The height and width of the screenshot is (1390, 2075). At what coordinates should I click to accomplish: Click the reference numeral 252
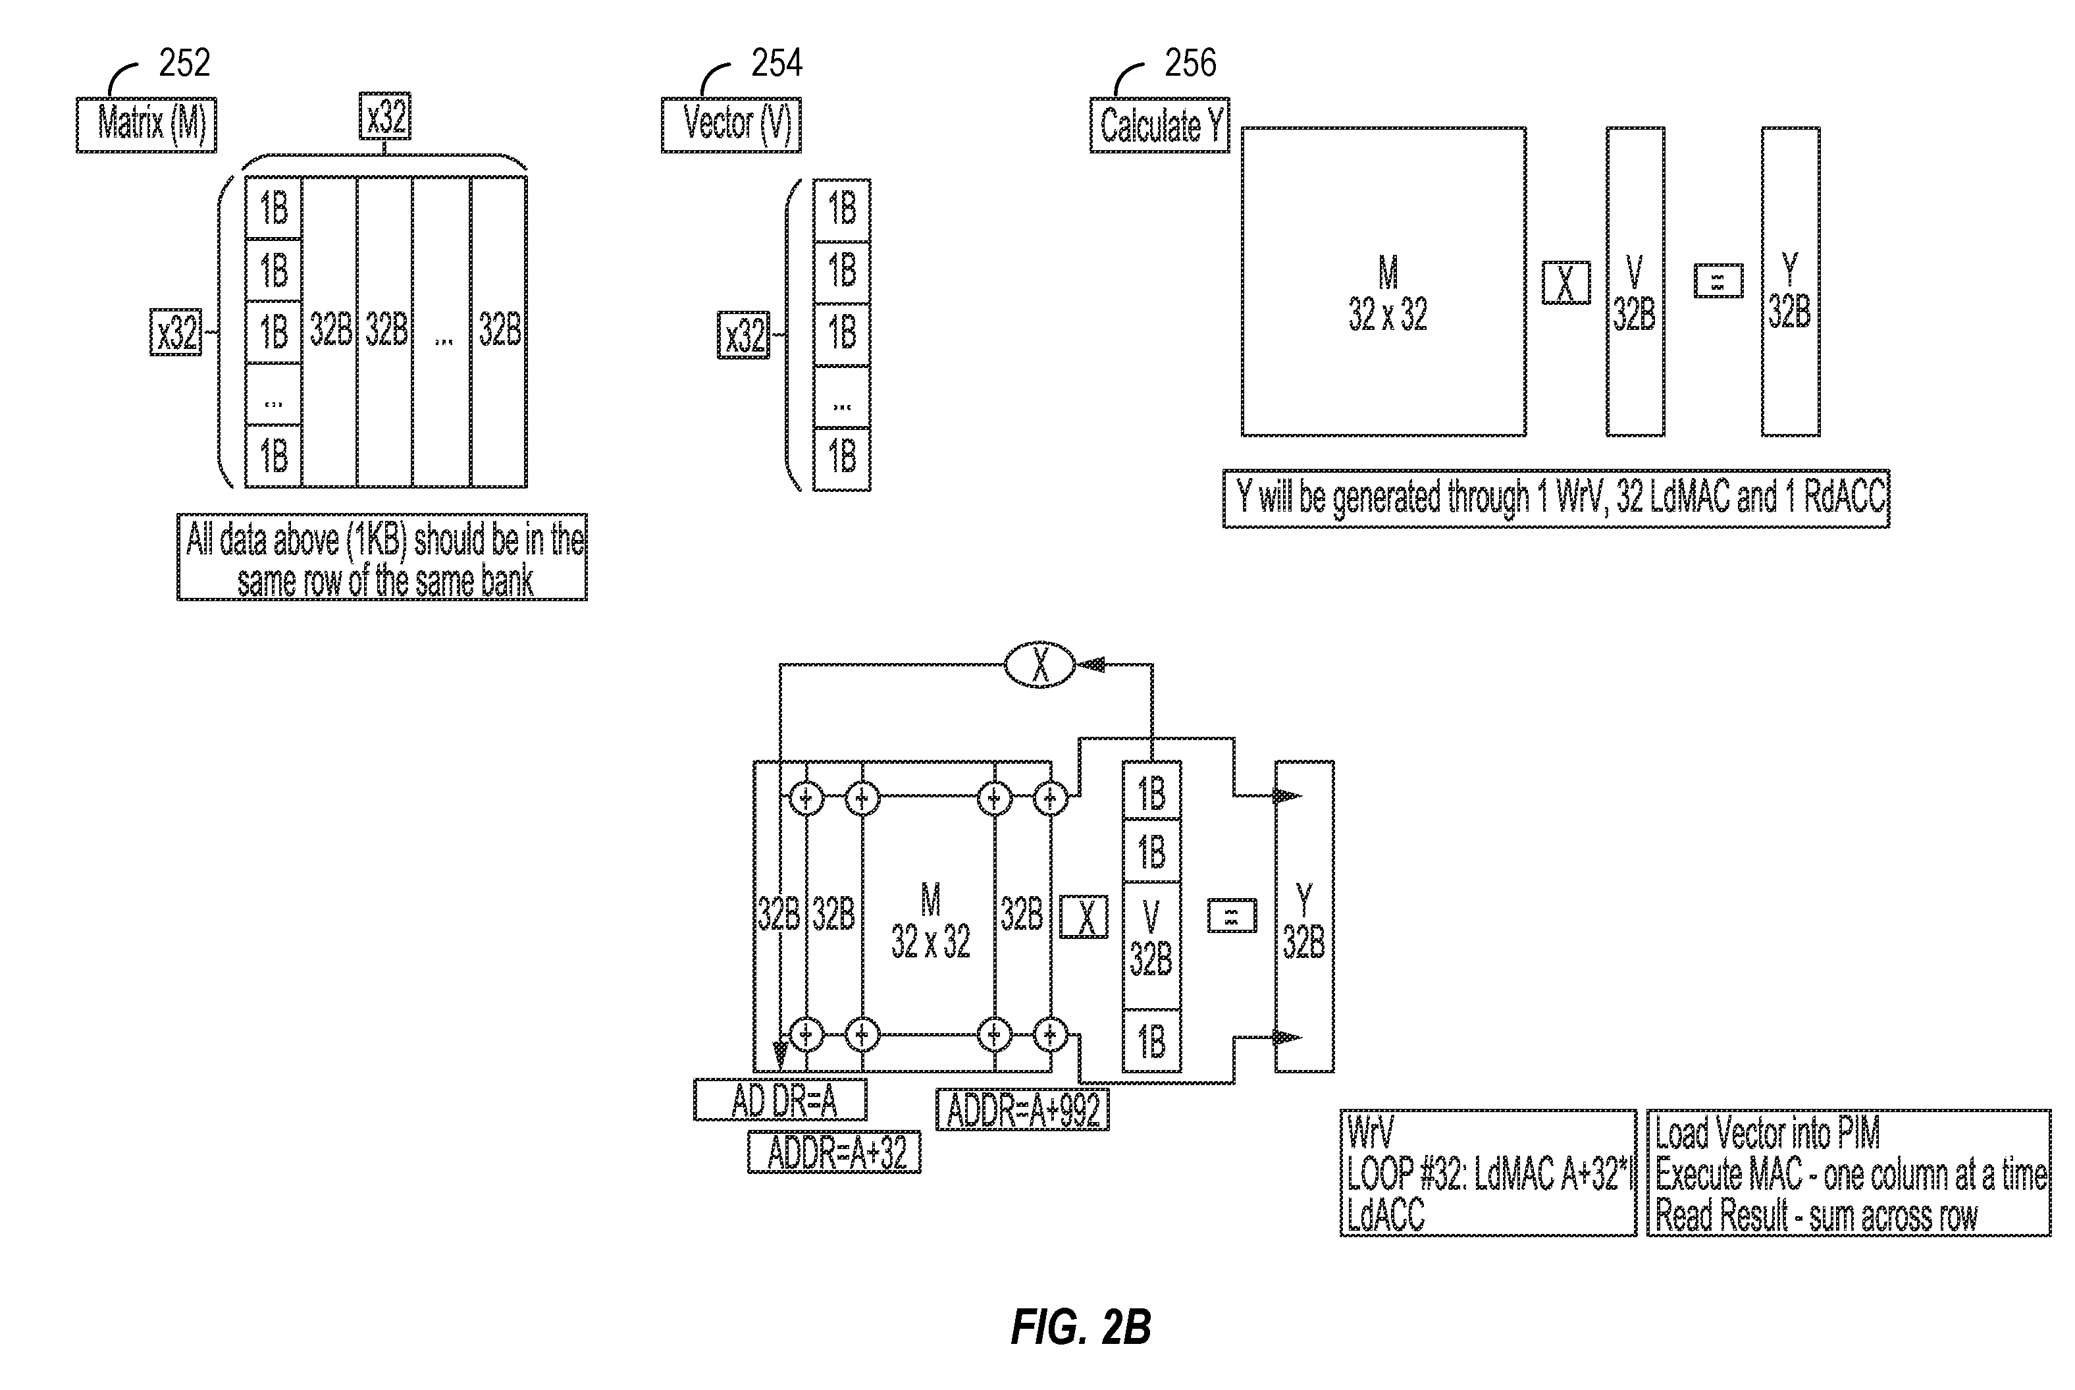click(184, 63)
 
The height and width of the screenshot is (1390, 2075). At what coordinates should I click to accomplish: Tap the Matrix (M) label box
click(146, 125)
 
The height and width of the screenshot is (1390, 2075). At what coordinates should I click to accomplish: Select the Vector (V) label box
click(731, 125)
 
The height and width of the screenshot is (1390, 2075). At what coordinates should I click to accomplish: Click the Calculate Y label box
click(1159, 125)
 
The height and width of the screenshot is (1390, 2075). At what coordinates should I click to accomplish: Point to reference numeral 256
click(1190, 63)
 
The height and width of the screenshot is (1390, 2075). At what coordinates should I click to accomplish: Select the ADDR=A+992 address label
click(1022, 1110)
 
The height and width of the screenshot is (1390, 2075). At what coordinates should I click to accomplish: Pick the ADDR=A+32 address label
click(834, 1152)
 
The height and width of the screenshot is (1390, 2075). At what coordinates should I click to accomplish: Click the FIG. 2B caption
click(1080, 1327)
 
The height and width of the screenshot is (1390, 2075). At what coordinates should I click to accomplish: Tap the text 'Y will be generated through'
click(1382, 497)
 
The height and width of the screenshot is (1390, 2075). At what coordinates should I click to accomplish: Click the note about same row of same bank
click(382, 558)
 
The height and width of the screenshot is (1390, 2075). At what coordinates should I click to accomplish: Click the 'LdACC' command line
click(1385, 1214)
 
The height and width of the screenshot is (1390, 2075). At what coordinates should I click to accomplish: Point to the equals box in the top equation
click(1718, 281)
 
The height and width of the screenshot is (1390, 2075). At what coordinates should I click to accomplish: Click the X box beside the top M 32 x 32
click(1565, 282)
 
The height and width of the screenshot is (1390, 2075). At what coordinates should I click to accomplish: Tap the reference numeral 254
click(776, 63)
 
